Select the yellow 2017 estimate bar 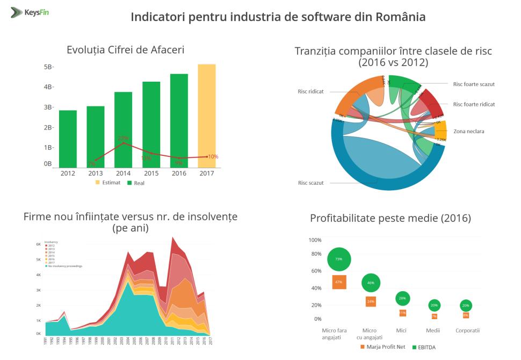(x=206, y=116)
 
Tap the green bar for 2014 (x=123, y=129)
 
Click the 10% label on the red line (x=213, y=157)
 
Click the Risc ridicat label (x=310, y=91)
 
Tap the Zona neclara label (x=469, y=131)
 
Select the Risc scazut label (x=310, y=183)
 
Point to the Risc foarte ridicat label (x=474, y=104)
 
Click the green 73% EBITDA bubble (x=339, y=260)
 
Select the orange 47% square (x=339, y=282)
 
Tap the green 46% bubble (x=371, y=283)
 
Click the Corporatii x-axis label (x=467, y=330)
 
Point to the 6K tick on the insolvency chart (x=38, y=244)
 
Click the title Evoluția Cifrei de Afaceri (x=125, y=50)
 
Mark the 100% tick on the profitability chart (x=315, y=240)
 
